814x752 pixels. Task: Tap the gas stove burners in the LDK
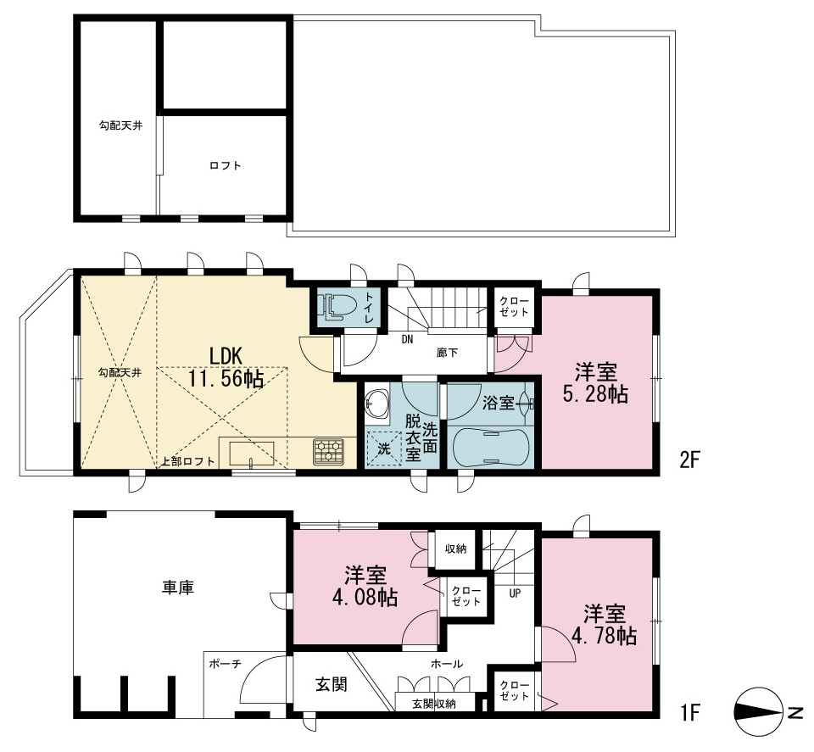(x=328, y=451)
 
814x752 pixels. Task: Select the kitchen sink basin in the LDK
(x=252, y=454)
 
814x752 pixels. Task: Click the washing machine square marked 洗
(x=383, y=448)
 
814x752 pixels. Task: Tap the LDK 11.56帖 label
(x=226, y=367)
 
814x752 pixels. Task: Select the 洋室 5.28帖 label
(x=595, y=383)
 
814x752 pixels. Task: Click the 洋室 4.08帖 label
(x=365, y=587)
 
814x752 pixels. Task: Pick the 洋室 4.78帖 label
(x=605, y=624)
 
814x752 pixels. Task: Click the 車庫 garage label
(x=178, y=588)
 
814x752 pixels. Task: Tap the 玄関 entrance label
(x=332, y=684)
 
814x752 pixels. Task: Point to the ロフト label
(x=226, y=165)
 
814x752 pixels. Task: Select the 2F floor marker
(x=690, y=460)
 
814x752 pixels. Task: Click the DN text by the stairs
(x=407, y=340)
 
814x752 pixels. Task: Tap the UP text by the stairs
(x=515, y=593)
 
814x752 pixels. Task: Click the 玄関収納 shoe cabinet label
(x=434, y=705)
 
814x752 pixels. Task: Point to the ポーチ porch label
(x=225, y=664)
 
